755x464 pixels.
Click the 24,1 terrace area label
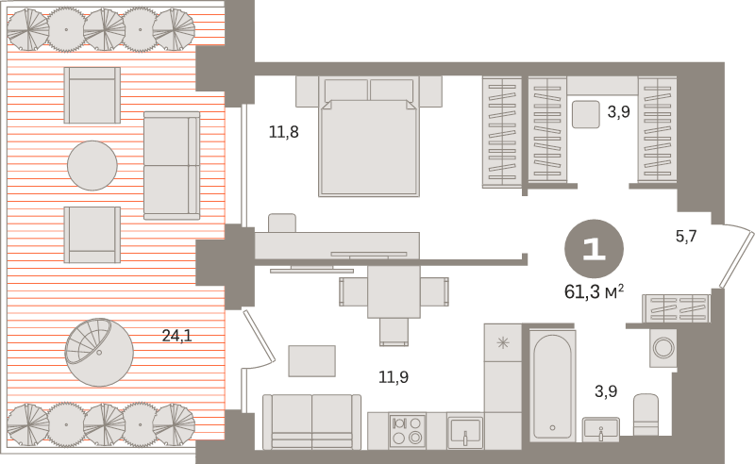(x=176, y=336)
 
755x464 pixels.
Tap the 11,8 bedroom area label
(x=284, y=131)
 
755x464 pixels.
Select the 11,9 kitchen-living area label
(x=394, y=377)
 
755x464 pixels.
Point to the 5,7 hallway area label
(x=686, y=237)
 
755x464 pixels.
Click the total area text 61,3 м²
(x=595, y=291)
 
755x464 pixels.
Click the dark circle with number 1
(x=594, y=249)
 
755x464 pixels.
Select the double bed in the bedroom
(x=369, y=136)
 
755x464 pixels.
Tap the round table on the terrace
(x=92, y=166)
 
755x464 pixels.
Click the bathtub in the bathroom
(x=552, y=386)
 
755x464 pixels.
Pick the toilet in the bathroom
(x=646, y=415)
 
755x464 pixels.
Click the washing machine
(x=663, y=347)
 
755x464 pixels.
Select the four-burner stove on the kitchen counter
(x=408, y=431)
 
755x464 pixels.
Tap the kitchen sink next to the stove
(x=464, y=432)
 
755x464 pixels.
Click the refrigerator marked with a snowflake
(x=503, y=343)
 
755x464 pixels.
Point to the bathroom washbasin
(x=600, y=429)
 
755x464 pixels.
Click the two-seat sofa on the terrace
(x=172, y=166)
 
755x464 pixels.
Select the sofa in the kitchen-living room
(x=311, y=423)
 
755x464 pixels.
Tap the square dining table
(x=394, y=291)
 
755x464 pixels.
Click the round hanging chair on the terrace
(x=99, y=352)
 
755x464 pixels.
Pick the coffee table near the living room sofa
(x=312, y=361)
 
